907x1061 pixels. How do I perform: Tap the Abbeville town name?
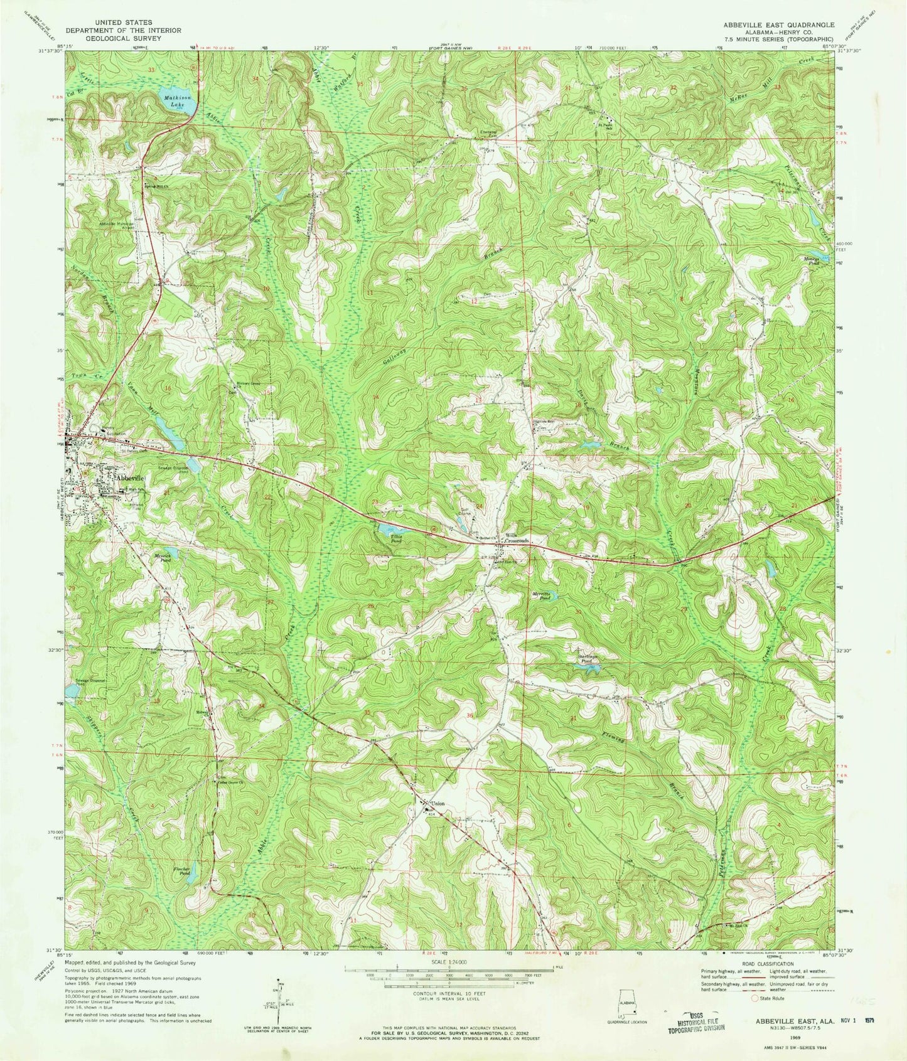click(x=131, y=477)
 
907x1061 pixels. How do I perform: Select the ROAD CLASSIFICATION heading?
click(x=768, y=964)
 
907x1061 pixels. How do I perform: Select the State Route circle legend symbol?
click(x=754, y=997)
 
